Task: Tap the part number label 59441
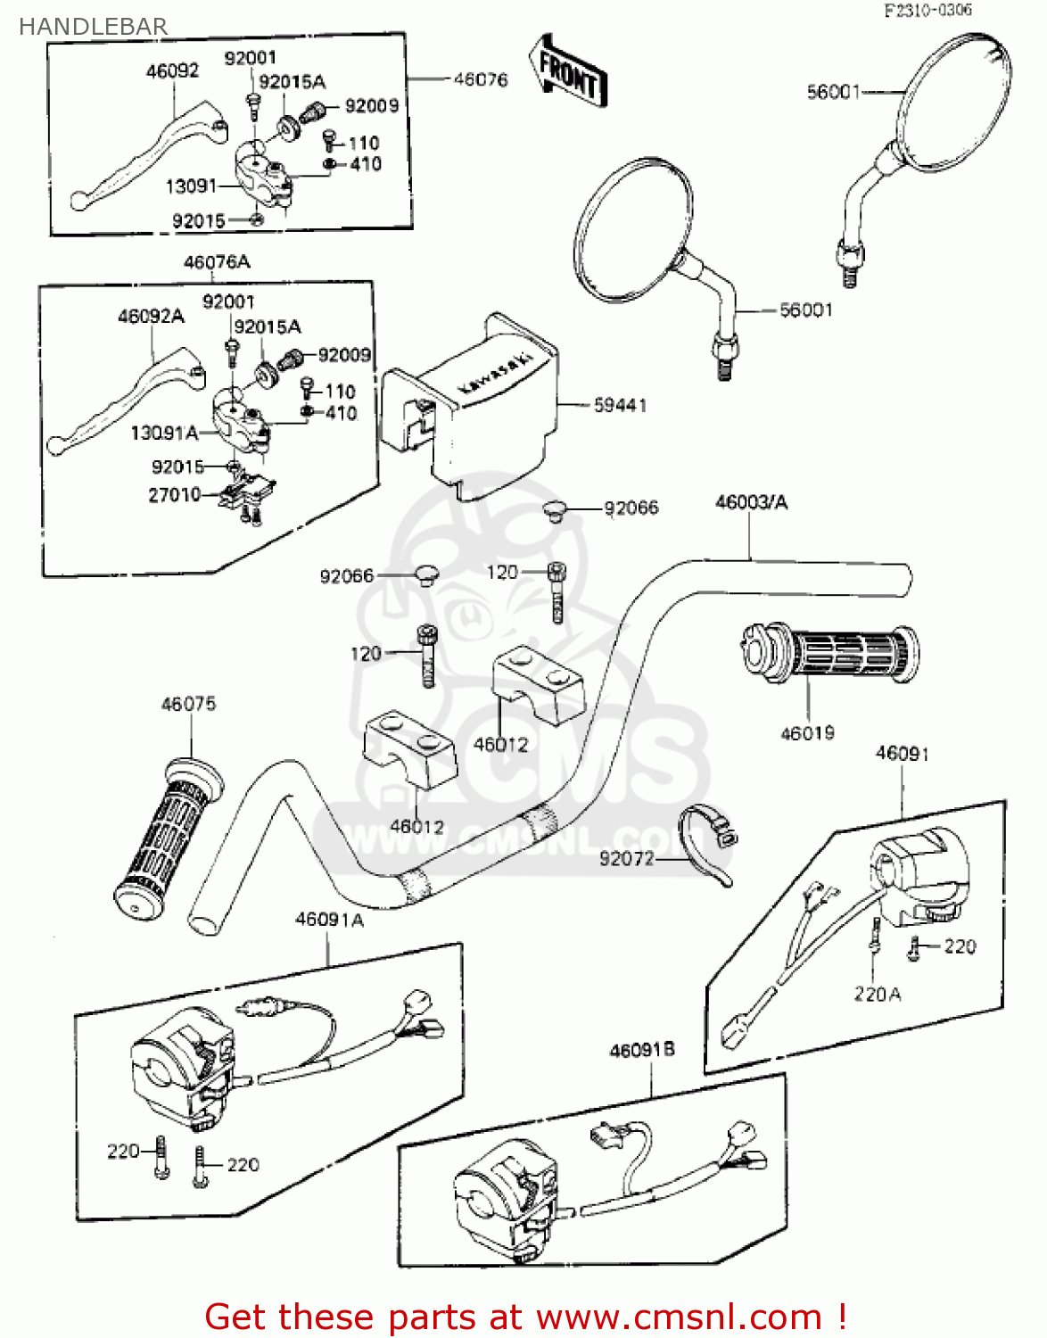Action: [x=620, y=406]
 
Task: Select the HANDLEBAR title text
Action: [x=93, y=27]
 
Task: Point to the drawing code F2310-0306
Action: [x=927, y=11]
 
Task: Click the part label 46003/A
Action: [x=751, y=503]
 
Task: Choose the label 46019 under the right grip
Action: [x=807, y=733]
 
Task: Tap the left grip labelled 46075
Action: [x=168, y=838]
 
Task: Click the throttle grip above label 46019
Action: [x=829, y=654]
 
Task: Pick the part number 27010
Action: [x=174, y=494]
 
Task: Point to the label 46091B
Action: [x=642, y=1051]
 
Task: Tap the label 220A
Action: [x=878, y=995]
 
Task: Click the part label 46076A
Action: [x=217, y=262]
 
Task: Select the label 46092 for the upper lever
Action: [x=172, y=71]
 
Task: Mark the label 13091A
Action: [x=164, y=434]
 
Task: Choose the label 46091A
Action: [x=329, y=920]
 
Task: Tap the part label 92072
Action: [x=627, y=859]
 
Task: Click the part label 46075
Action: [x=188, y=705]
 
